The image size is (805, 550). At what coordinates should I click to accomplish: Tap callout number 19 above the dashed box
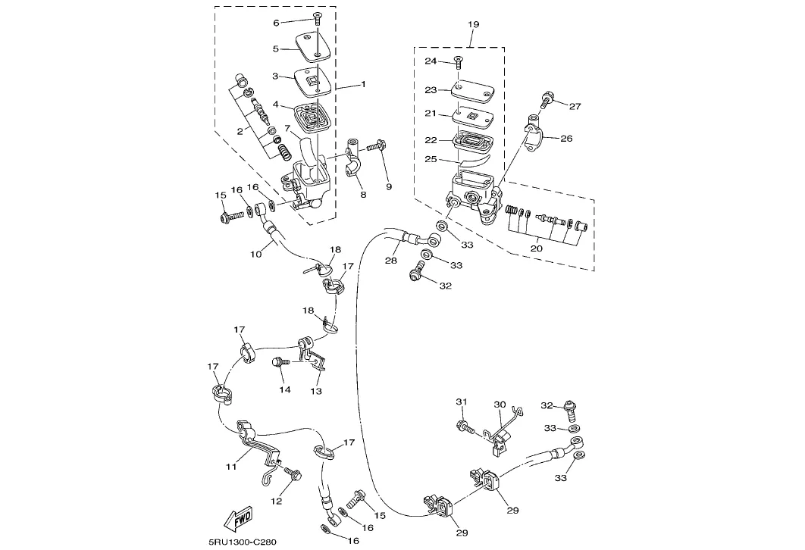pos(473,24)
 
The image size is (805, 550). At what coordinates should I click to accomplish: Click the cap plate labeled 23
pos(472,90)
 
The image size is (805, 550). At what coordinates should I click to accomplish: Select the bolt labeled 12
pos(292,473)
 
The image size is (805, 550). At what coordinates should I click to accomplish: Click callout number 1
pos(364,84)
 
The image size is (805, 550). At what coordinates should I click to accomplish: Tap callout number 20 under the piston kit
pos(537,248)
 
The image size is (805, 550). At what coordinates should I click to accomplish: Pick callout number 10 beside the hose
pos(255,254)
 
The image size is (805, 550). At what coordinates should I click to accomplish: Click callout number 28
pos(390,261)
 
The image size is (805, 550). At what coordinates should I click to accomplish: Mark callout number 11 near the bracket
pos(231,467)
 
